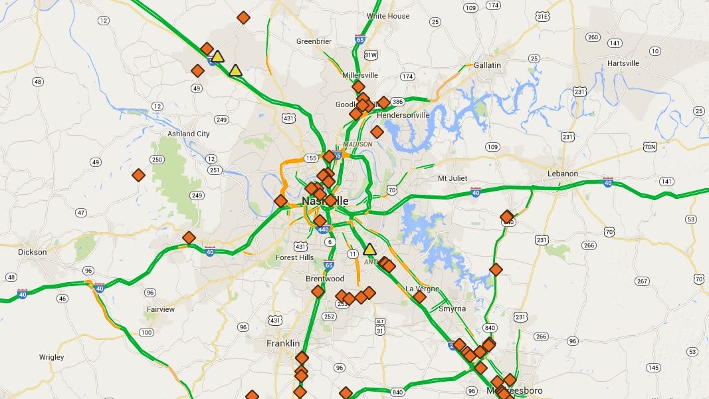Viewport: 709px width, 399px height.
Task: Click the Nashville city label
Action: pyautogui.click(x=325, y=201)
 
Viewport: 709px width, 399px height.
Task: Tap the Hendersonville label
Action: pyautogui.click(x=403, y=115)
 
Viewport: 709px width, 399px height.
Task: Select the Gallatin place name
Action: pyautogui.click(x=487, y=65)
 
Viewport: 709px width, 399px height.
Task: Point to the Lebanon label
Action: pyautogui.click(x=563, y=174)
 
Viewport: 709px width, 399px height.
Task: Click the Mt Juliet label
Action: pyautogui.click(x=453, y=178)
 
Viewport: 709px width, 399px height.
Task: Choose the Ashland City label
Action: pyautogui.click(x=189, y=134)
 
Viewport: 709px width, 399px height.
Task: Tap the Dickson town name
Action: pyautogui.click(x=33, y=252)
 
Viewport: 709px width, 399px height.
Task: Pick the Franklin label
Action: pyautogui.click(x=283, y=343)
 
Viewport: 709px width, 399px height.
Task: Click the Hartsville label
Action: pyautogui.click(x=623, y=63)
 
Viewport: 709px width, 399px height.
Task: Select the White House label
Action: pyautogui.click(x=388, y=16)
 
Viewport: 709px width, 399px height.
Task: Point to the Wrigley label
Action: pyautogui.click(x=52, y=357)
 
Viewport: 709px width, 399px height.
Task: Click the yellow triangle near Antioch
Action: pyautogui.click(x=370, y=249)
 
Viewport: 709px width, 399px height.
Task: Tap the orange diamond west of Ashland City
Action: pyautogui.click(x=138, y=175)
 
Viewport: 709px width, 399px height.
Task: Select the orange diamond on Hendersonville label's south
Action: pyautogui.click(x=377, y=132)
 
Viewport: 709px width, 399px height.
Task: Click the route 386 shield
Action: pyautogui.click(x=398, y=102)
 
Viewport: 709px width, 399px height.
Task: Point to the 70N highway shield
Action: pyautogui.click(x=651, y=147)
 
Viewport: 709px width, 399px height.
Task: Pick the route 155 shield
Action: pyautogui.click(x=312, y=158)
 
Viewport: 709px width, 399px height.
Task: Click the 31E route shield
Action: pyautogui.click(x=543, y=16)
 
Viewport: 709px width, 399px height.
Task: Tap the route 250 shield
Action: pyautogui.click(x=157, y=160)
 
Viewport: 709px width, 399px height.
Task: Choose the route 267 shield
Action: pyautogui.click(x=642, y=281)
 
